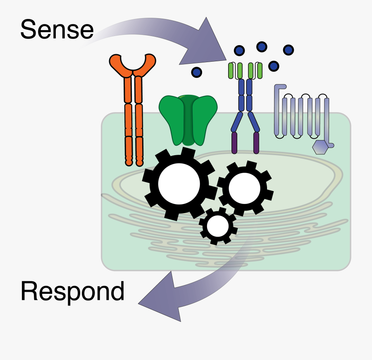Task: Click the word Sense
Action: [57, 30]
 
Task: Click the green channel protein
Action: [188, 120]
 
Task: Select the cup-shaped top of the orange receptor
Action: [133, 65]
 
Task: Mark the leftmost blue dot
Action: [197, 72]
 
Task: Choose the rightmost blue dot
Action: [289, 50]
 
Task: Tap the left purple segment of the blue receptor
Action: [235, 142]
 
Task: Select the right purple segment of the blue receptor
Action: [256, 142]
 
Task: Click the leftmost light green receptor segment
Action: [231, 71]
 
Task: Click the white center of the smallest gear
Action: [218, 226]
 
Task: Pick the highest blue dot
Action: [261, 47]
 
